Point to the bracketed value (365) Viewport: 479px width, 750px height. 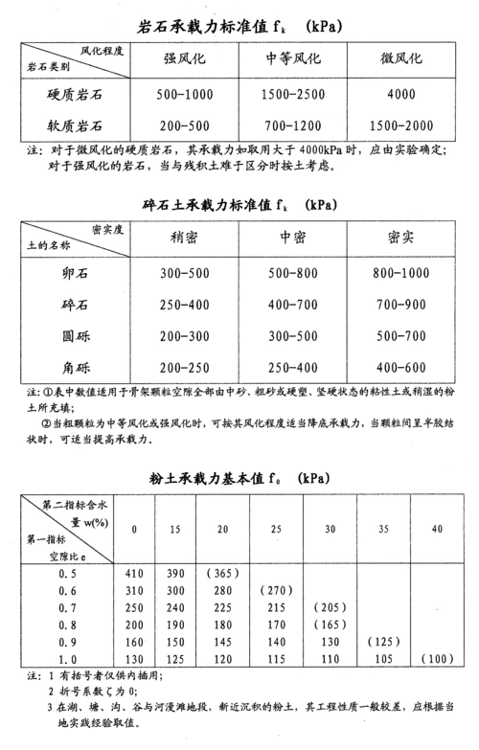coord(220,572)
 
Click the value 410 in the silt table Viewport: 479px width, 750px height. coord(134,572)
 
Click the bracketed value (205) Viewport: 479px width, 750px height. coord(329,607)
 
